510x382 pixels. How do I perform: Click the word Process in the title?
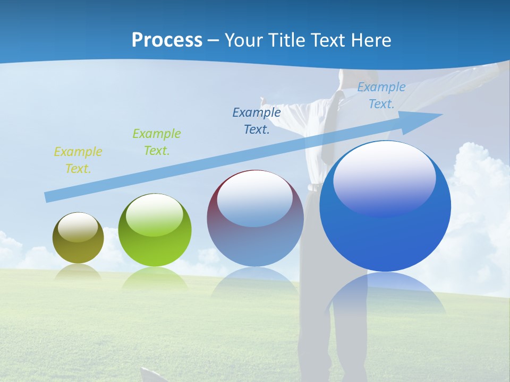pyautogui.click(x=167, y=40)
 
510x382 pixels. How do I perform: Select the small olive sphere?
pyautogui.click(x=78, y=238)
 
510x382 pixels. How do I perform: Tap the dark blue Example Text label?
pyautogui.click(x=257, y=121)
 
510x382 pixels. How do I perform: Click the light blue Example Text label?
pyautogui.click(x=381, y=95)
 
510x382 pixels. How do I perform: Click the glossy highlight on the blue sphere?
pyautogui.click(x=384, y=178)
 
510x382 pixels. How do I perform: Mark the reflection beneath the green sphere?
pyautogui.click(x=155, y=278)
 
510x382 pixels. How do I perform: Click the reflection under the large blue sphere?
pyautogui.click(x=385, y=292)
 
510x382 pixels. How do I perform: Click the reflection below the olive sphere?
pyautogui.click(x=78, y=272)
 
